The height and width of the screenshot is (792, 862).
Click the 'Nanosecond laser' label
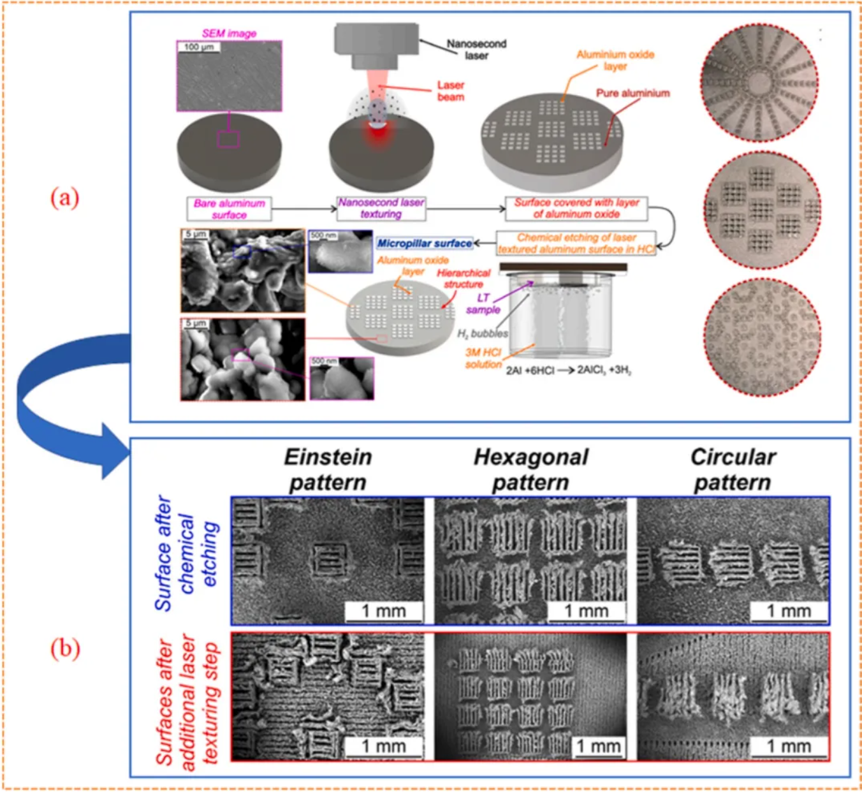476,50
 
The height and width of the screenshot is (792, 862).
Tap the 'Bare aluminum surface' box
229,209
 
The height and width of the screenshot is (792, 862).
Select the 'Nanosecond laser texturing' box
381,208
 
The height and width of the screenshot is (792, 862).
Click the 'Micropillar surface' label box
424,243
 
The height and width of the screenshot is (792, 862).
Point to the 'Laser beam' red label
450,91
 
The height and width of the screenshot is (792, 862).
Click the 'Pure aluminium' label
632,93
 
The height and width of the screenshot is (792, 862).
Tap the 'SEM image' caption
229,33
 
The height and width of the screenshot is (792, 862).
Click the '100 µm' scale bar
199,47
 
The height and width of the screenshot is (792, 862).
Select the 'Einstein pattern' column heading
328,469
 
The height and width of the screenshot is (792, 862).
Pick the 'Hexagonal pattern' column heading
530,469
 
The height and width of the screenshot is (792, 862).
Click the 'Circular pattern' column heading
733,469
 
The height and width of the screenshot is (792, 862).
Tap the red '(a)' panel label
65,198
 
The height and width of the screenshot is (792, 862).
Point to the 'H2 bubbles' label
483,334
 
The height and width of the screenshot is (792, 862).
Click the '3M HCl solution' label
483,358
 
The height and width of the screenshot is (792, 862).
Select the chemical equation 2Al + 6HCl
568,370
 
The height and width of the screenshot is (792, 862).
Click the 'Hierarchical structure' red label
464,278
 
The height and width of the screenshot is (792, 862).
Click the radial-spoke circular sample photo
759,83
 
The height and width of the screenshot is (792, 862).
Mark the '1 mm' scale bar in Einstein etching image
383,611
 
